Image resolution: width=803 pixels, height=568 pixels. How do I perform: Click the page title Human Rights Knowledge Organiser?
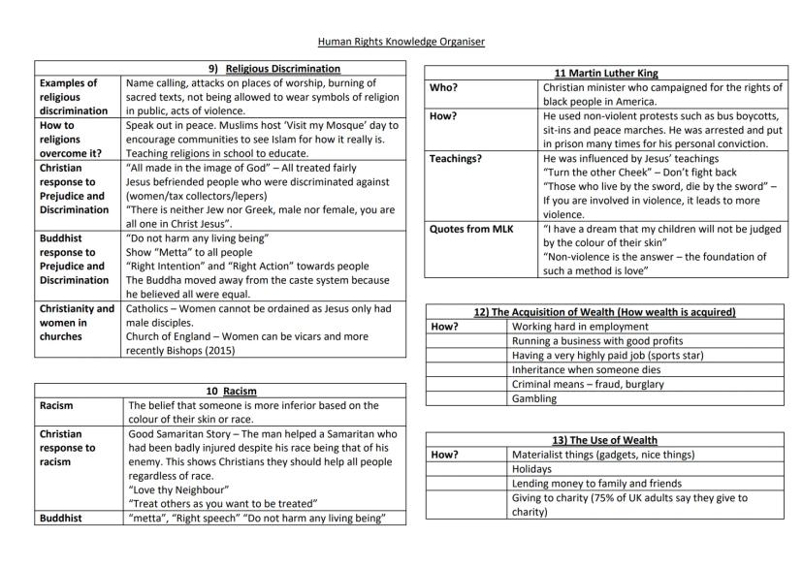coord(401,42)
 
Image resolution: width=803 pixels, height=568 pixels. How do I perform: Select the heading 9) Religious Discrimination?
coord(282,69)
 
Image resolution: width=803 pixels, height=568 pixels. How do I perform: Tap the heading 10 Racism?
coord(237,391)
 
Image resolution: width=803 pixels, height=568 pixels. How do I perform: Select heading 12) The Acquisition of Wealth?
coord(606,312)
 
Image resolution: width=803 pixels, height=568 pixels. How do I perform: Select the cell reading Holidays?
coord(531,469)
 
